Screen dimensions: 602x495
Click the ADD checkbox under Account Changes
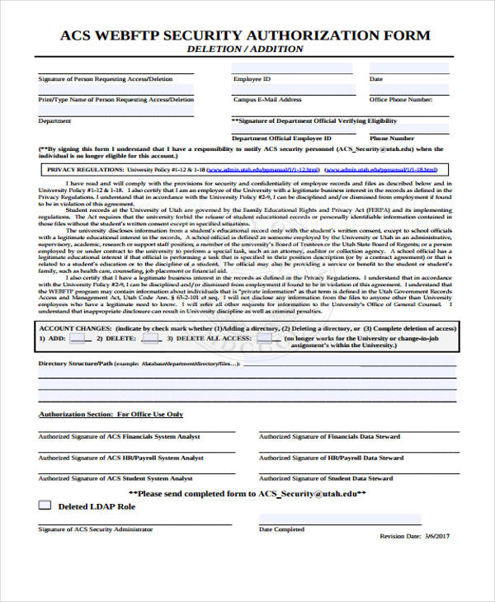tap(78, 338)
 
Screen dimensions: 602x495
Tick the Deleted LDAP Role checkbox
tap(45, 505)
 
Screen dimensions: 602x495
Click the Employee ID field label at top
tap(252, 79)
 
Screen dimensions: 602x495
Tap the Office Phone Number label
tap(400, 99)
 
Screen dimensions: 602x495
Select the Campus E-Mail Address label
tap(267, 99)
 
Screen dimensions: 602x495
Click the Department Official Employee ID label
tap(281, 139)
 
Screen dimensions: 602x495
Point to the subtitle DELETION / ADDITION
tap(245, 49)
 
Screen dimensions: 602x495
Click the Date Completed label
tap(281, 529)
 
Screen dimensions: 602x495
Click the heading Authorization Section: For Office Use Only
tap(111, 414)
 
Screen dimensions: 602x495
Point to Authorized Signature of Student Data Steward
tap(325, 478)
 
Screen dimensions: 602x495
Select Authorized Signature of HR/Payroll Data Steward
tap(331, 458)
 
